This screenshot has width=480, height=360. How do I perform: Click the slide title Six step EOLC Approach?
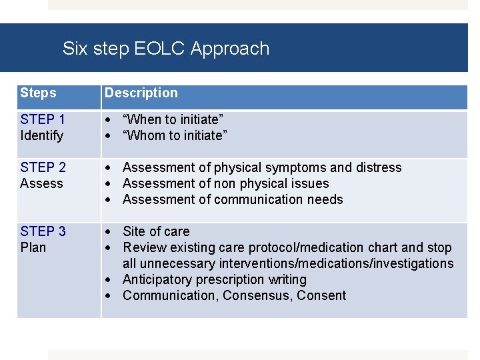click(x=166, y=49)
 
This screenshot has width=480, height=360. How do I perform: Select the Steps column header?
click(x=38, y=93)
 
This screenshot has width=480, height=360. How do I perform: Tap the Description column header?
click(x=141, y=93)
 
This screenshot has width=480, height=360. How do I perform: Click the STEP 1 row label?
click(x=43, y=120)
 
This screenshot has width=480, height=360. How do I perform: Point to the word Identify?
click(x=41, y=136)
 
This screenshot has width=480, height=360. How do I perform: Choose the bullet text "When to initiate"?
click(x=173, y=120)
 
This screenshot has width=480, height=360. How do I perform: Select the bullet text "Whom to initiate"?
click(x=175, y=136)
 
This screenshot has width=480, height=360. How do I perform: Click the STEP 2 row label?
click(x=43, y=168)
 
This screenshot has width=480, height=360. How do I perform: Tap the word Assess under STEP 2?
click(x=41, y=184)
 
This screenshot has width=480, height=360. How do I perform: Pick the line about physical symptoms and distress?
click(x=262, y=168)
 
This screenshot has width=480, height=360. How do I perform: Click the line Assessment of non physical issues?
click(x=226, y=184)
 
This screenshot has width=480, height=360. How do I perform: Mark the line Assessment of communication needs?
click(x=233, y=200)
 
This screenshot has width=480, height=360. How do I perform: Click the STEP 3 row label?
click(x=43, y=232)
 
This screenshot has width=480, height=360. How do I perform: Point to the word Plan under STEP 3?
click(x=33, y=248)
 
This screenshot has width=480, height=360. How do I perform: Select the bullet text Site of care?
click(x=156, y=232)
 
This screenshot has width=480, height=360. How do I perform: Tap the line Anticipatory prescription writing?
click(x=215, y=280)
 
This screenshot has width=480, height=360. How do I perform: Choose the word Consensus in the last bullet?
click(x=258, y=296)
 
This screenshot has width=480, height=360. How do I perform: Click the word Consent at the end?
click(x=321, y=296)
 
